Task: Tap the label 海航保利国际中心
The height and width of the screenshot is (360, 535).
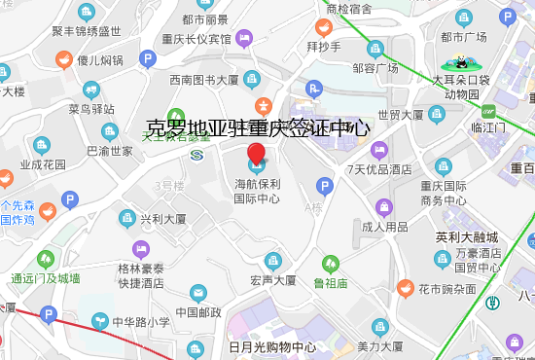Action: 257,191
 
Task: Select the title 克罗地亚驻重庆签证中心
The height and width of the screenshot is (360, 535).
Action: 257,127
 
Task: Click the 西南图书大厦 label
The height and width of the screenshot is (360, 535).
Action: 204,80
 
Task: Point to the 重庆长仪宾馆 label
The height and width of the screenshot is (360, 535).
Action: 203,39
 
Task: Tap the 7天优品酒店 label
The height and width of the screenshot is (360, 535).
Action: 379,168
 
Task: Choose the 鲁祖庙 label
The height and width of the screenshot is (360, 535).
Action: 331,282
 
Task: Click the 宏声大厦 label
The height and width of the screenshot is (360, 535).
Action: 272,280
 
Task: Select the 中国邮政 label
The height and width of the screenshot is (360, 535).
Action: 198,312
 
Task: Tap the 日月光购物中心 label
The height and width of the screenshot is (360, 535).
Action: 271,347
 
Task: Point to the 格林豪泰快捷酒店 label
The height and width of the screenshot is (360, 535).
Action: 141,276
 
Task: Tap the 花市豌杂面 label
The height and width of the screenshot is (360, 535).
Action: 446,289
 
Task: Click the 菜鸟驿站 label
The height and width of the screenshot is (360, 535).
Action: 91,108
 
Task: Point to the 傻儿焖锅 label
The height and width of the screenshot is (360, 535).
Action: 100,60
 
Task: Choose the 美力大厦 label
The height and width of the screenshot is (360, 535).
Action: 380,346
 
